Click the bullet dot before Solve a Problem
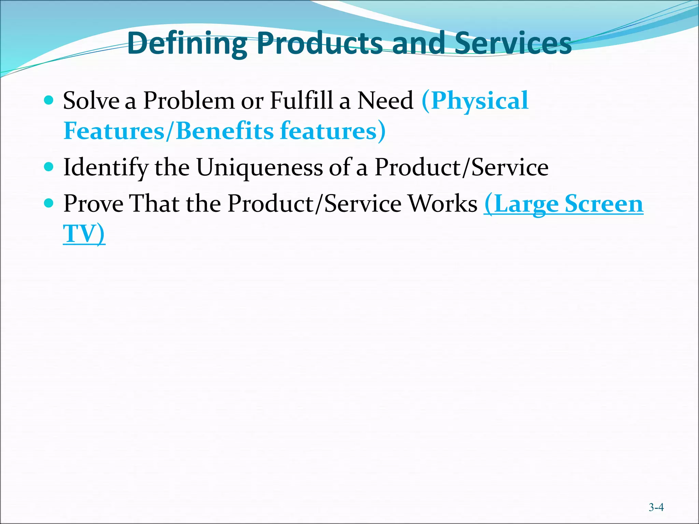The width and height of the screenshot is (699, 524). [49, 100]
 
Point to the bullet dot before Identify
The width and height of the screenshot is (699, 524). [49, 167]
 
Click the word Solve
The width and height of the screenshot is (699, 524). [91, 101]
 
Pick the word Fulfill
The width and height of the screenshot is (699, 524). [301, 101]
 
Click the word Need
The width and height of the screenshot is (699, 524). [385, 101]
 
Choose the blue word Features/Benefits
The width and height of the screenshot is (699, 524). [169, 131]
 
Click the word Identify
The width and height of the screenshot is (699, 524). [106, 168]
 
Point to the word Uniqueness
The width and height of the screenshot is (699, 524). [259, 168]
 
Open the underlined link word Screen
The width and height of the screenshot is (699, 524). [604, 204]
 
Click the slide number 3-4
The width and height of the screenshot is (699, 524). [656, 507]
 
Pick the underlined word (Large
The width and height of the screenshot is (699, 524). [521, 204]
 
